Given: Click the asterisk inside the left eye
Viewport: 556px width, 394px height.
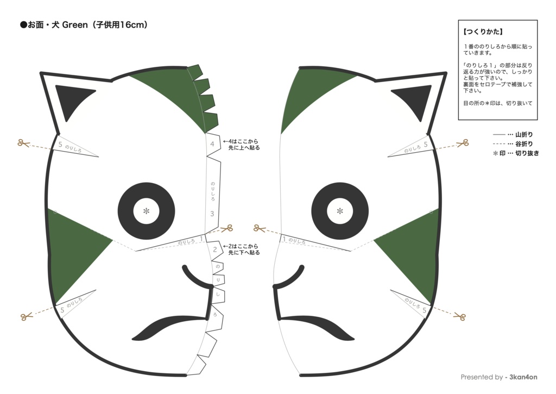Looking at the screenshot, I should point(146,211).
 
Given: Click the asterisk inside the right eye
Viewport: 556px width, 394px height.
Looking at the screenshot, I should point(340,211).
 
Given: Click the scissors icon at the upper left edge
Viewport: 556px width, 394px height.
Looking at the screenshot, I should point(23,143).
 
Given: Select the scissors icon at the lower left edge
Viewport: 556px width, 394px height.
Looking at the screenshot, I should point(25,316).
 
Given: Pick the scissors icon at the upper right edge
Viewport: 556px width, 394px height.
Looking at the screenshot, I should point(462,143).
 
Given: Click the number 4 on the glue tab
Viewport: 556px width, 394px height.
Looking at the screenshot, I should point(212,144).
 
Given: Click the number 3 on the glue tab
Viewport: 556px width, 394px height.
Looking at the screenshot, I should point(212,214).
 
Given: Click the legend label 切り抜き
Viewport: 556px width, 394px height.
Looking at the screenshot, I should point(527,153).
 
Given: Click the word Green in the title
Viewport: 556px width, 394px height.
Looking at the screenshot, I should point(71,25).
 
